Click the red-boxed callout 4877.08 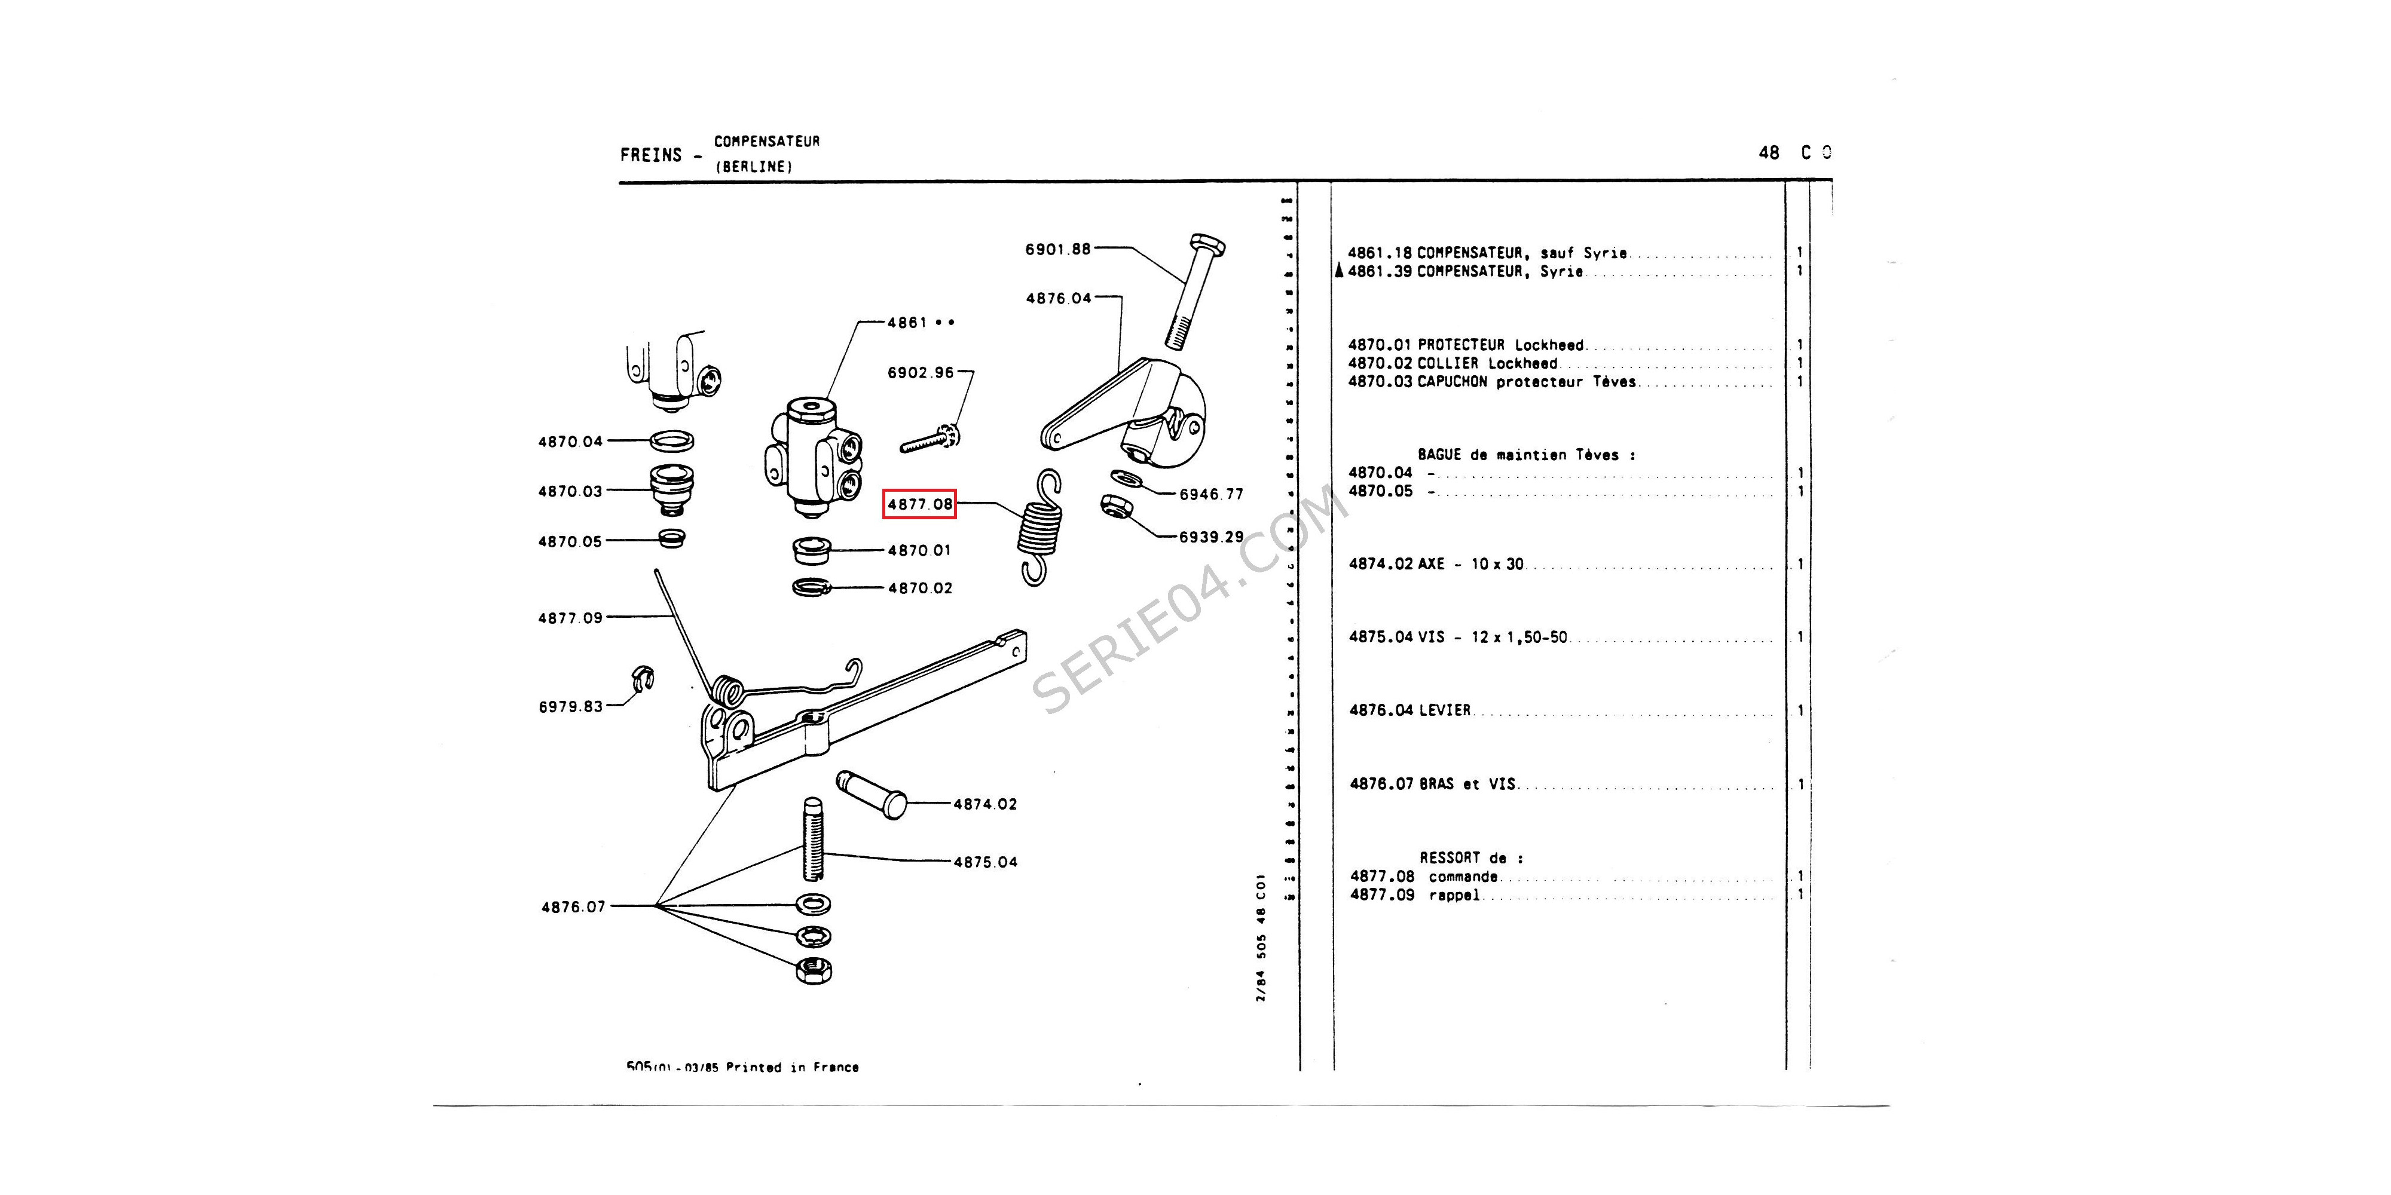click(919, 504)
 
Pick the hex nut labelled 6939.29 click(1114, 508)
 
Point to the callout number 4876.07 click(573, 906)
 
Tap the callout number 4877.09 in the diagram click(570, 618)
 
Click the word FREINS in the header click(651, 155)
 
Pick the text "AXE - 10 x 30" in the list click(1470, 564)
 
